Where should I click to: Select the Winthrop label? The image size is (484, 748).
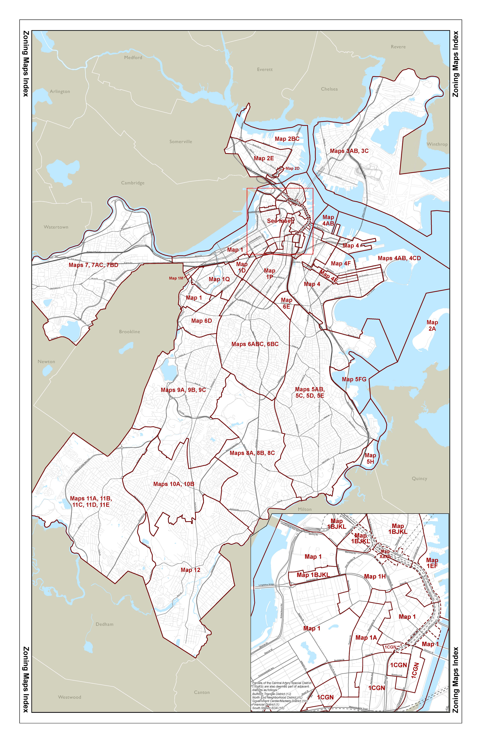point(437,144)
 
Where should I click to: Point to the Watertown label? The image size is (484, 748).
point(56,227)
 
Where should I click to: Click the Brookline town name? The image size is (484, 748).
point(130,331)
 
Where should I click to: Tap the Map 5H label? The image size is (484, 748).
point(370,458)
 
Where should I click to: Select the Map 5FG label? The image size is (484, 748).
point(354,379)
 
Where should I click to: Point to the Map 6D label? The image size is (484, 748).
point(202,321)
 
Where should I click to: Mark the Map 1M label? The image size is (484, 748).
point(176,278)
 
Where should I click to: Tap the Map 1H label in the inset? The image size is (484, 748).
point(375,577)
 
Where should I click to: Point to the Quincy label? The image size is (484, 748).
point(419,478)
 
